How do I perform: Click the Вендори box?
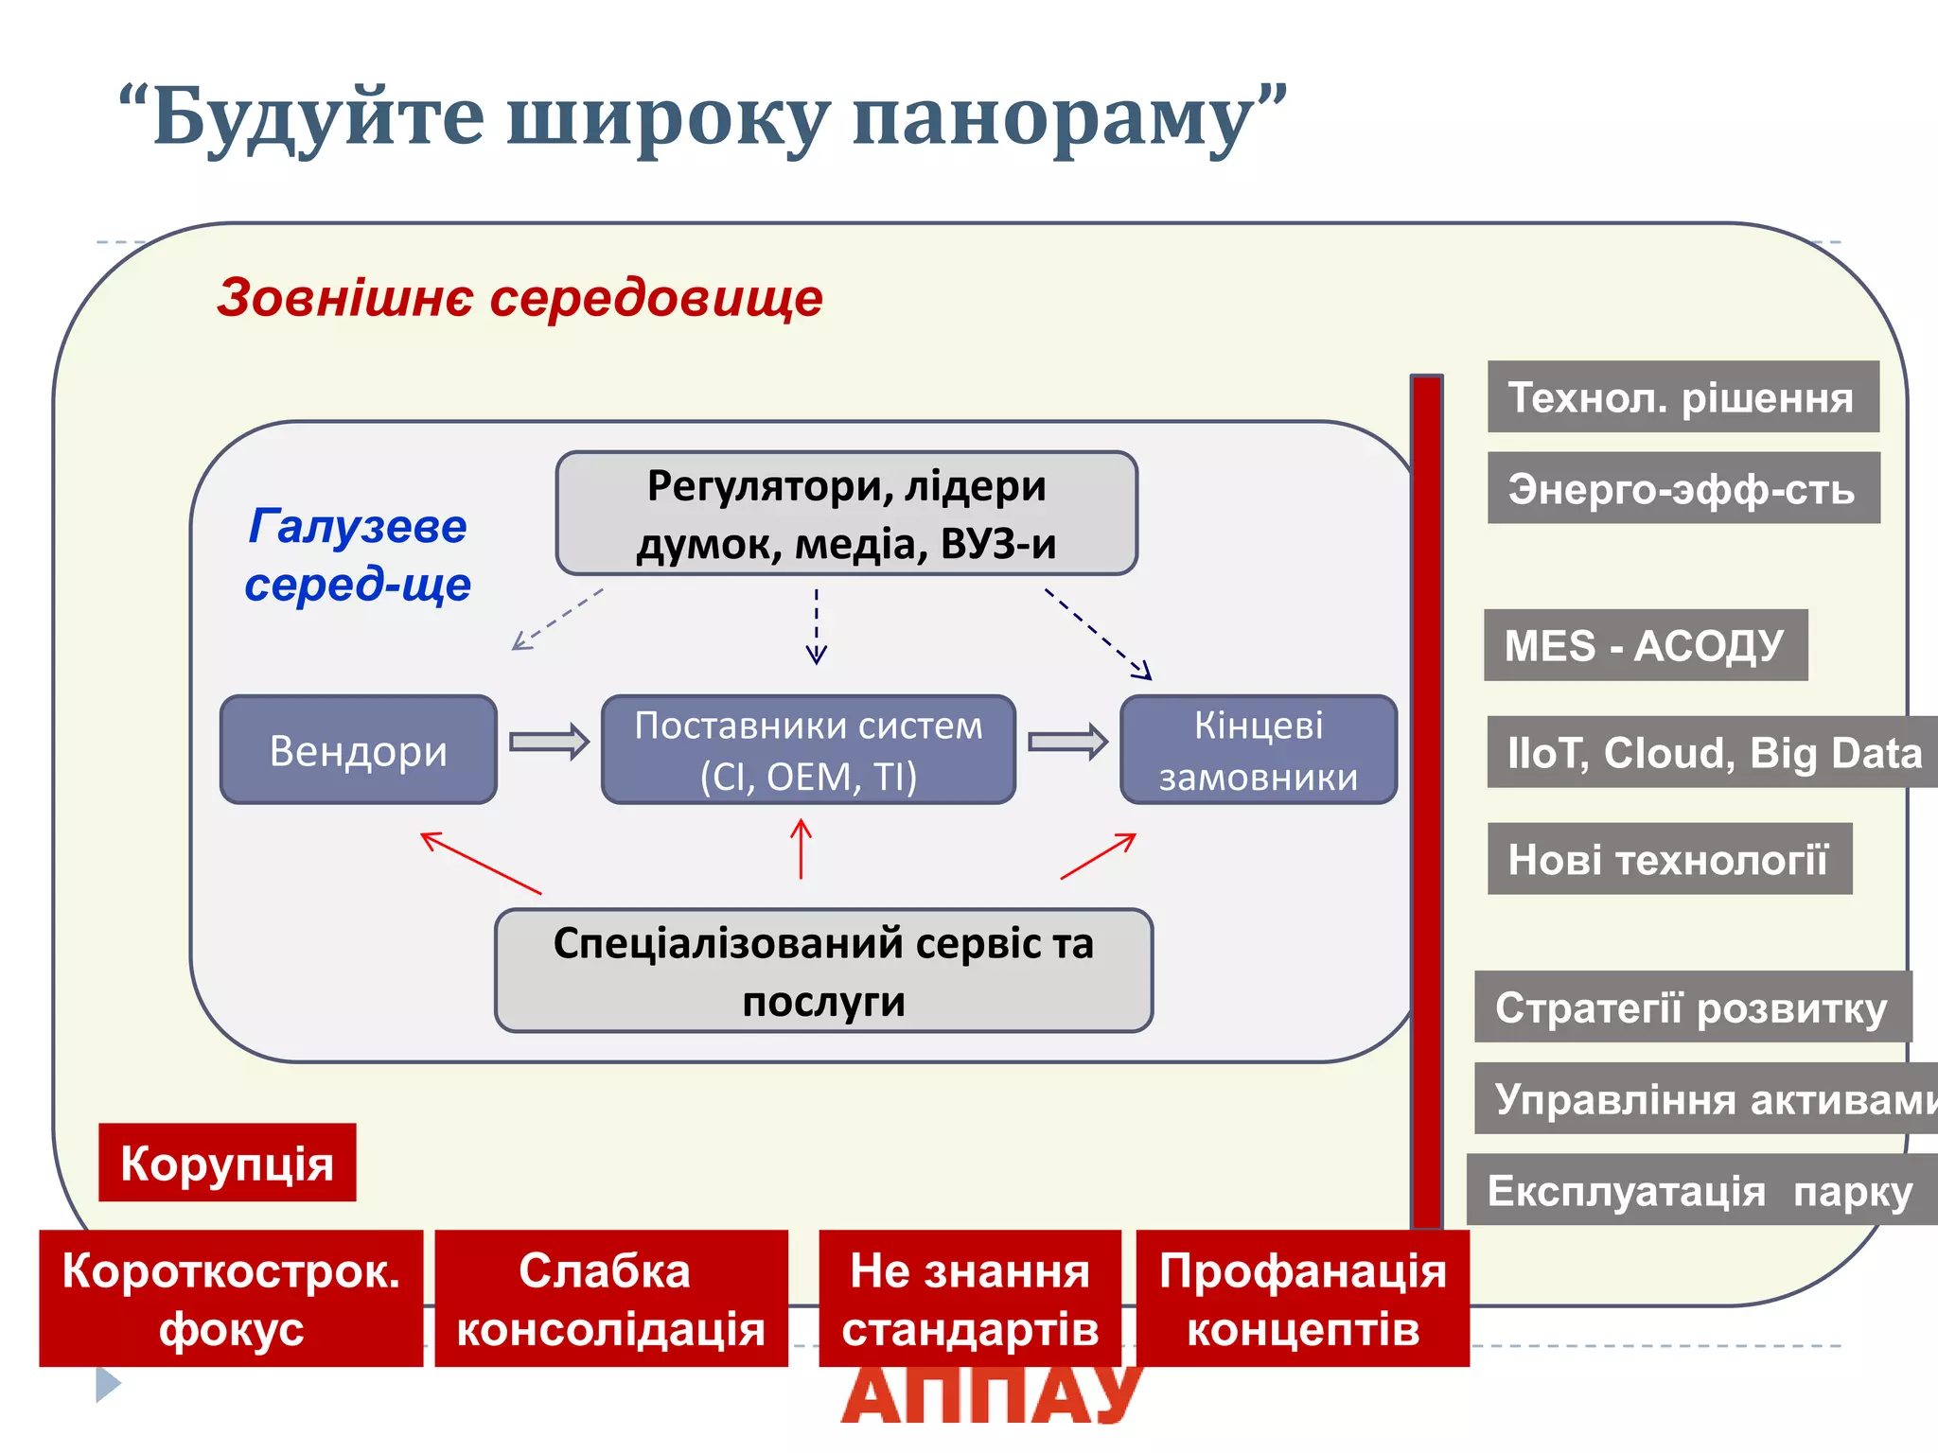[358, 750]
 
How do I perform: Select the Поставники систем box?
[808, 750]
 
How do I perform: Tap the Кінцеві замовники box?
[1258, 750]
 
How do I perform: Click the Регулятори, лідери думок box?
[846, 514]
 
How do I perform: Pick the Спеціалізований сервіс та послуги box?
[823, 971]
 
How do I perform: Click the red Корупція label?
[227, 1163]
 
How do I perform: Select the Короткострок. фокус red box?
[231, 1298]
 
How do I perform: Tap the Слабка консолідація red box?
[610, 1298]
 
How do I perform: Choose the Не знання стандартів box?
[969, 1298]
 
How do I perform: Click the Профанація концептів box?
[1302, 1298]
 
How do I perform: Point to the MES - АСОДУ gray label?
[1645, 645]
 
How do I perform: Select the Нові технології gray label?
[1668, 859]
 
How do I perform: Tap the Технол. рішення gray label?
[1683, 396]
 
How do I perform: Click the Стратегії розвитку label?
[1692, 1007]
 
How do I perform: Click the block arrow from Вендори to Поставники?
[549, 742]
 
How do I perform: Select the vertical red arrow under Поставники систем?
[801, 849]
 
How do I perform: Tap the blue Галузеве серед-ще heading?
[358, 554]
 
